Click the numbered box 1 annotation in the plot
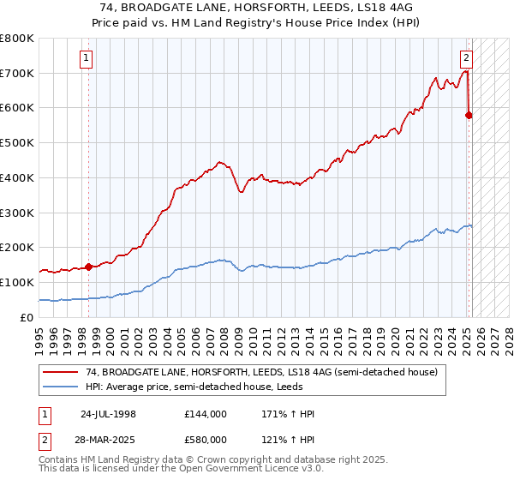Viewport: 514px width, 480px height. coord(87,59)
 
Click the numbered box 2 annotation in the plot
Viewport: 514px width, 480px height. coord(466,59)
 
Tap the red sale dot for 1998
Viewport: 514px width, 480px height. coord(88,267)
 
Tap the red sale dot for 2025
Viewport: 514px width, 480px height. coord(469,115)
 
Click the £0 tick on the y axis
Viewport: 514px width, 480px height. coord(26,317)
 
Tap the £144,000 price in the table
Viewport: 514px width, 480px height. coord(206,414)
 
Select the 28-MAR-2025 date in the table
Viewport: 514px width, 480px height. coord(109,440)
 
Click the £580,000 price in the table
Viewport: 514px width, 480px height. coord(206,440)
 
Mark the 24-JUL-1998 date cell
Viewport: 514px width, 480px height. coord(108,414)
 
